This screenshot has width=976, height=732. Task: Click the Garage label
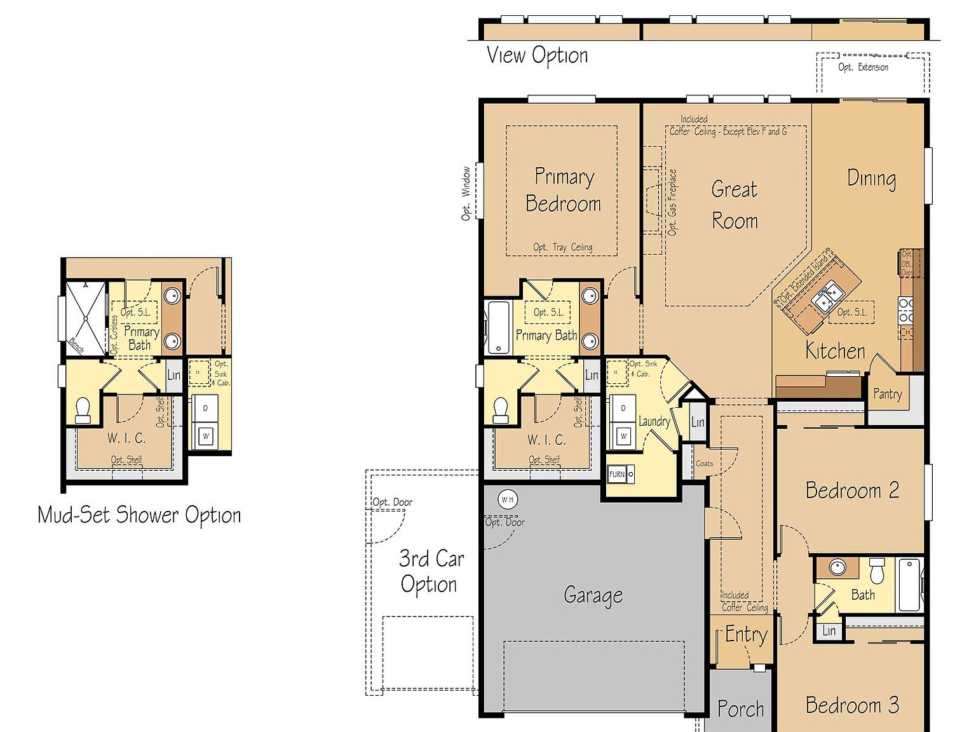[x=593, y=595]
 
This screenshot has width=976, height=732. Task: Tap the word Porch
[x=740, y=708]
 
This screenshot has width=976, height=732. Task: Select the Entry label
[x=746, y=635]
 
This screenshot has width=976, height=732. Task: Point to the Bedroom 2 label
[x=852, y=491]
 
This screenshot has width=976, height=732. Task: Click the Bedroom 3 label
[x=852, y=705]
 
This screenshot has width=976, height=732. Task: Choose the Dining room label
[x=871, y=179]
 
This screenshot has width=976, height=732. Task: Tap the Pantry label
[x=887, y=394]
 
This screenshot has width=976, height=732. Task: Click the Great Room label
[x=735, y=205]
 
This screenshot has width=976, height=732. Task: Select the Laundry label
[x=654, y=421]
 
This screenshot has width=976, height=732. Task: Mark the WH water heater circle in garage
[x=507, y=499]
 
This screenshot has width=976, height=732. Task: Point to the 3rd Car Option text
[x=430, y=571]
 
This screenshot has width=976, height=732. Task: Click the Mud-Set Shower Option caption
[x=139, y=515]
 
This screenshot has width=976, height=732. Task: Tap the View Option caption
[x=537, y=55]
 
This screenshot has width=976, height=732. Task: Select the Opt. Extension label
[x=863, y=67]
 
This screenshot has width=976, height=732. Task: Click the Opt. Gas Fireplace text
[x=672, y=202]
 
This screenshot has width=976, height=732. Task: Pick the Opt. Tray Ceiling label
[x=562, y=247]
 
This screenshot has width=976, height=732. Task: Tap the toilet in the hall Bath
[x=877, y=571]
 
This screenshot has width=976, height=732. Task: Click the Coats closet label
[x=704, y=463]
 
